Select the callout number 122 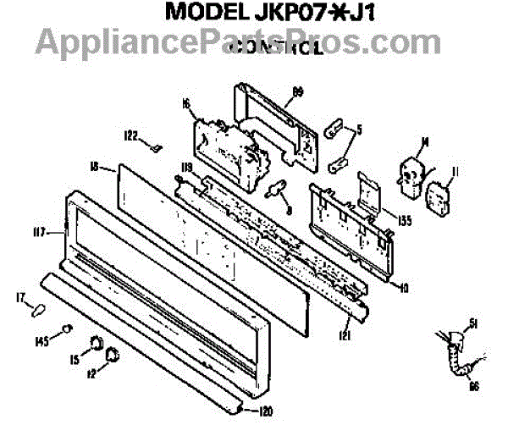(x=131, y=135)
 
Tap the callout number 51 (x=474, y=323)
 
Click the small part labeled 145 (x=68, y=329)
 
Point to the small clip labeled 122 (x=155, y=146)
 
